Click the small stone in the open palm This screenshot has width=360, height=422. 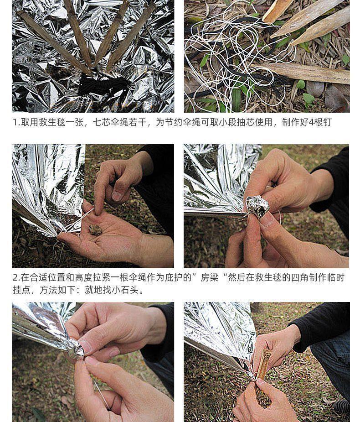tap(95, 229)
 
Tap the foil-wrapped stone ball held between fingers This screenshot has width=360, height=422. tap(257, 206)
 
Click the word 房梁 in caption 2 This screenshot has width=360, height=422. tap(210, 277)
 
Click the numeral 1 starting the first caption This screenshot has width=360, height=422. tap(15, 122)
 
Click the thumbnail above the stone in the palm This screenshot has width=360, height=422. tap(117, 196)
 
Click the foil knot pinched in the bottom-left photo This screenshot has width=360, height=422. tap(76, 349)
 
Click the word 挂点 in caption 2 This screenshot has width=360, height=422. tap(22, 290)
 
